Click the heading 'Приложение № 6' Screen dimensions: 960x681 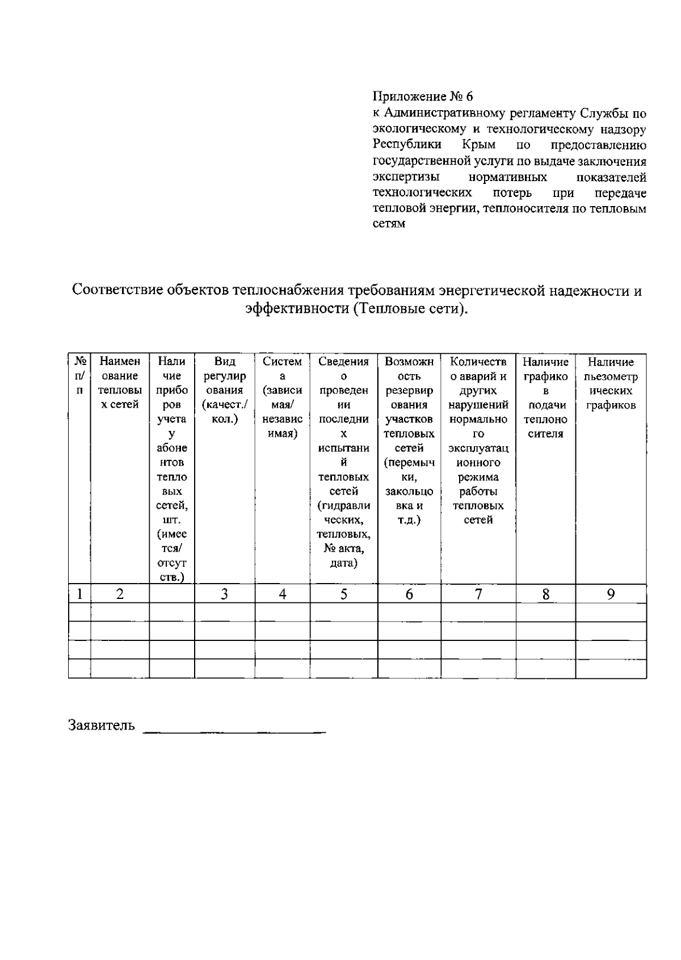click(x=422, y=97)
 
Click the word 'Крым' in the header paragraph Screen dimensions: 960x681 click(x=479, y=145)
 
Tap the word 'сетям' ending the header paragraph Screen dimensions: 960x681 click(x=389, y=224)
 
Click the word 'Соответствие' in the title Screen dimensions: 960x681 click(x=117, y=291)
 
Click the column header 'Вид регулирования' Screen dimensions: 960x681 click(x=224, y=391)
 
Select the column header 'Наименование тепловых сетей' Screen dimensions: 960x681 click(x=120, y=383)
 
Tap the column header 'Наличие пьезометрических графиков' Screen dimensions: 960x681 click(x=611, y=383)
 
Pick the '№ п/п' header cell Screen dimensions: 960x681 click(x=79, y=376)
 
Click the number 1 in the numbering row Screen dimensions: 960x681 click(x=80, y=594)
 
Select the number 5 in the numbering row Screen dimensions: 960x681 click(x=343, y=594)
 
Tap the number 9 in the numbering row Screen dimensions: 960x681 click(x=611, y=594)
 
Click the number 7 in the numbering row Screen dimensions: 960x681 click(x=478, y=594)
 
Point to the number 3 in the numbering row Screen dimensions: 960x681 click(x=224, y=594)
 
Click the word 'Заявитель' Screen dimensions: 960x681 click(x=102, y=726)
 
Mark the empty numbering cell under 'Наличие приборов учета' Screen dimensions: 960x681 click(x=171, y=594)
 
